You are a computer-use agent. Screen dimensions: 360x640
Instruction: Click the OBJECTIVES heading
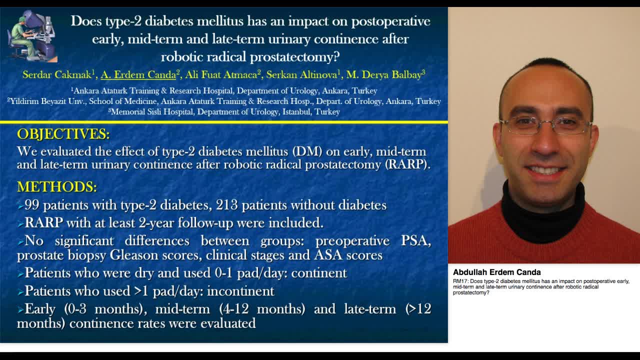tap(63, 134)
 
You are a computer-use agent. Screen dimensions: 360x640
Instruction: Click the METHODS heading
tap(56, 186)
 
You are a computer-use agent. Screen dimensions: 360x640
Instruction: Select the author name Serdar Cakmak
tap(57, 75)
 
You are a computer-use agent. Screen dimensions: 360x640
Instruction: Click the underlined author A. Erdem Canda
tap(138, 75)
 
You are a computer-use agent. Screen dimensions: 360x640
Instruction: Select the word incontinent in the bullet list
tap(240, 291)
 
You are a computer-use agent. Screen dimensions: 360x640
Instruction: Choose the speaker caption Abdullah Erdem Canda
tap(496, 272)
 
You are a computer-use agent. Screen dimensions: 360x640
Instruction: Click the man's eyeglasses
tap(545, 125)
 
